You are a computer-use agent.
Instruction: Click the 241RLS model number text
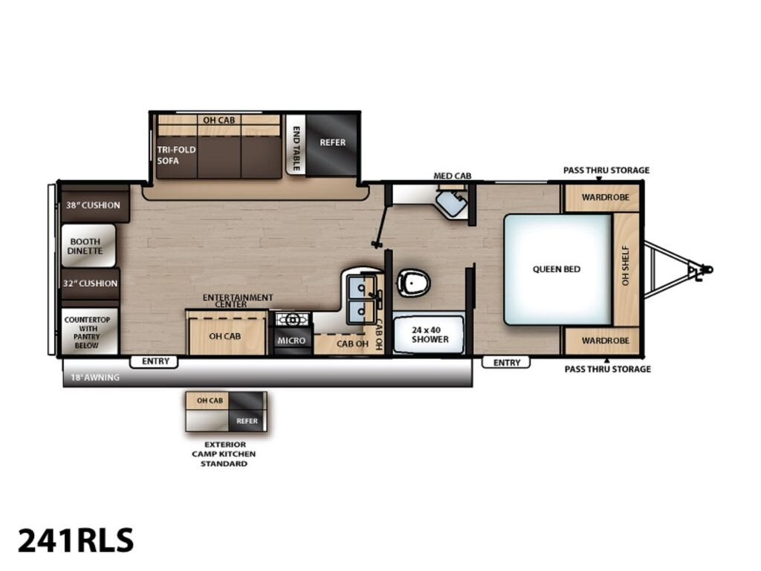coord(76,540)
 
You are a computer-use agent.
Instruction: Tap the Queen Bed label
coord(556,269)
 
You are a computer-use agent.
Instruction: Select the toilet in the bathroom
coord(413,283)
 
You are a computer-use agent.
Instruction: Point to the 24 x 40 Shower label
coord(430,335)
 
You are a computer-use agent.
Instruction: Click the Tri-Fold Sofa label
coord(176,155)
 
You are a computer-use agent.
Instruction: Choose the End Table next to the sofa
coord(296,144)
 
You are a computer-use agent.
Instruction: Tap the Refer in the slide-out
coord(332,145)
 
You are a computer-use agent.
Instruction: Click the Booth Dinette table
coord(88,245)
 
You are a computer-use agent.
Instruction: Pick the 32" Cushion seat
coord(90,283)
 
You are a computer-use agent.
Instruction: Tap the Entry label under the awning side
coord(155,361)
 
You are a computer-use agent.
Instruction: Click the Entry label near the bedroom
coord(507,363)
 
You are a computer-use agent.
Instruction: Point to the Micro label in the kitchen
coord(291,341)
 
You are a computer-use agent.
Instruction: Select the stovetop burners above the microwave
coord(292,319)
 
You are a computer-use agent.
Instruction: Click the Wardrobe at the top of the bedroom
coord(602,198)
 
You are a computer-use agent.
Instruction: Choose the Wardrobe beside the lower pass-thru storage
coord(602,341)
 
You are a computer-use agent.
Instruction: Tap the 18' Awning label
coord(95,377)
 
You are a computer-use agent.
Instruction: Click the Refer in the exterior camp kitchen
coord(247,421)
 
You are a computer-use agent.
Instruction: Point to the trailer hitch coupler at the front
coord(705,269)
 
